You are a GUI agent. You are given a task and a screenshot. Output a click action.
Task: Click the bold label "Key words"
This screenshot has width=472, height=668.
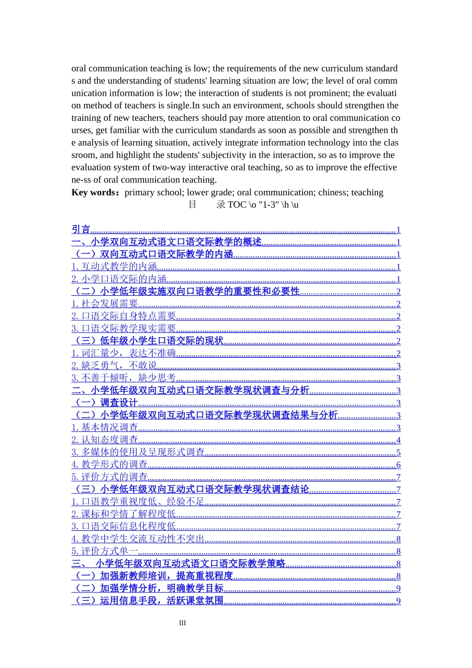coord(93,192)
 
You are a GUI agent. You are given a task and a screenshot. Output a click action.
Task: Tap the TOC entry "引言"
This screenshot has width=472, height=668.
coord(81,230)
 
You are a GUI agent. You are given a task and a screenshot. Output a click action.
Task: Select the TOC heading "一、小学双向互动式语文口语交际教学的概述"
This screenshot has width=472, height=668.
coord(166,242)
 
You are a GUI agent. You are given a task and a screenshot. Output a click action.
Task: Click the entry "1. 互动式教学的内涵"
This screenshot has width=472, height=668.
coord(114,267)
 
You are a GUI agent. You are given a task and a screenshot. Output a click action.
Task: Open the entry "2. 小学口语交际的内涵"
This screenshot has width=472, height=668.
coord(119,279)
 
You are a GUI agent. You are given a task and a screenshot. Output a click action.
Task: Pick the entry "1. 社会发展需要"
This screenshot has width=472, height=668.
coord(104,304)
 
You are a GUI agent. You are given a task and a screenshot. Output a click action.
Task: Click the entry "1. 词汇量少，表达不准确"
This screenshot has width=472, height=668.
coord(123,353)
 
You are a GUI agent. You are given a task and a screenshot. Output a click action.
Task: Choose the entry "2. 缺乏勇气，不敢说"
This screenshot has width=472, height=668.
coord(114,366)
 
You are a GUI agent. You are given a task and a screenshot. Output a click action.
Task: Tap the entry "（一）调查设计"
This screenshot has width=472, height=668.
coord(104,403)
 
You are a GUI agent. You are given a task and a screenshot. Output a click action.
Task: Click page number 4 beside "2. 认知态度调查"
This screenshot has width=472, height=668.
coord(398,440)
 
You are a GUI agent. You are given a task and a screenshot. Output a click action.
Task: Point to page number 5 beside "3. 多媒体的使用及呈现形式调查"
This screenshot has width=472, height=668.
coord(398,453)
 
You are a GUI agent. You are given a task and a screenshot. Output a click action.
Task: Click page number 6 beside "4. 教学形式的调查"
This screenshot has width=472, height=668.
coord(398,465)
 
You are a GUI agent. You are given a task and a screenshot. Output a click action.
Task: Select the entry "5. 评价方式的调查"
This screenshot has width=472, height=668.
coord(109,477)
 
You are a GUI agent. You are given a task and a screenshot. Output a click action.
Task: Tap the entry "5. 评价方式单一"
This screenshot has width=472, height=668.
coord(104,551)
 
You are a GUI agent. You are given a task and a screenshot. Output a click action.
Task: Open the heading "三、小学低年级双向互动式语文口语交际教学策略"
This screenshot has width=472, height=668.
coord(179,564)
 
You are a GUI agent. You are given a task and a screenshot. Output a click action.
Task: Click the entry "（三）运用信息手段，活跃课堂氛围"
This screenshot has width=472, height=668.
coord(148,601)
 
